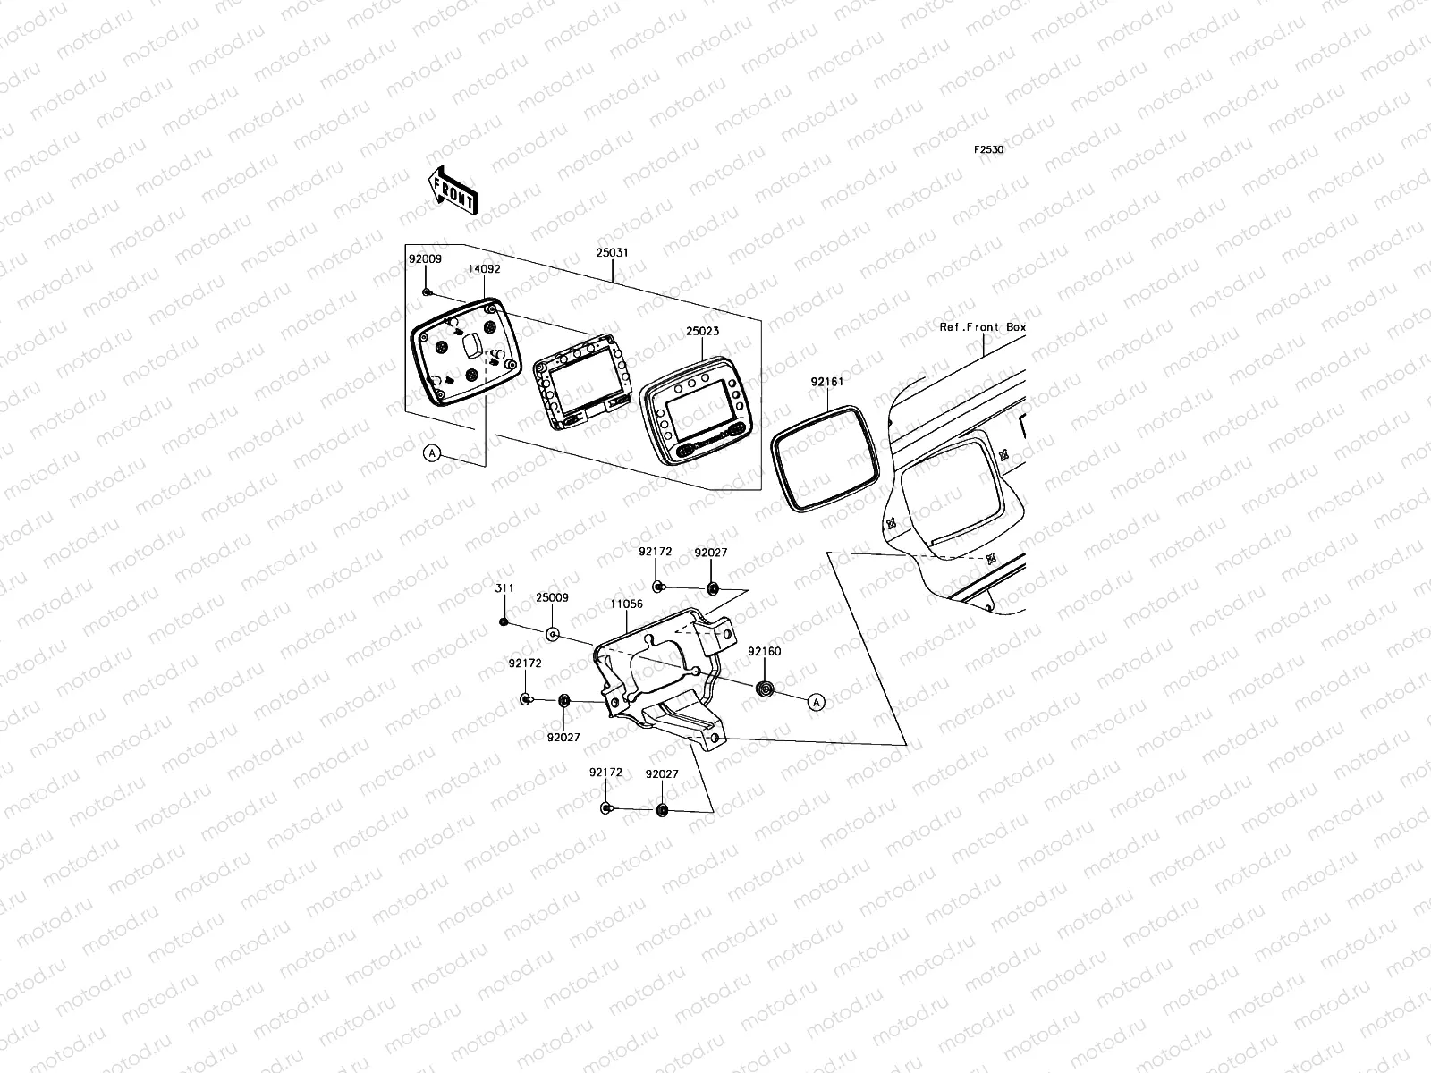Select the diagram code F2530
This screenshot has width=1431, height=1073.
click(x=988, y=150)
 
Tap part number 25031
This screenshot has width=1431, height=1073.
click(x=613, y=253)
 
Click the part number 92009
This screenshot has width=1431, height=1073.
click(x=425, y=258)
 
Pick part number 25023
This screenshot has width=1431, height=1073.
click(x=702, y=331)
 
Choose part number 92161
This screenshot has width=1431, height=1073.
click(x=827, y=382)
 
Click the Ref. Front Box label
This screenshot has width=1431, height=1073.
click(x=982, y=327)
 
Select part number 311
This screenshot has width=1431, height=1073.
click(x=505, y=588)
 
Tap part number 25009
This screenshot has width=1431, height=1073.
click(x=552, y=597)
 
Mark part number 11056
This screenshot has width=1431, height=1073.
click(x=626, y=604)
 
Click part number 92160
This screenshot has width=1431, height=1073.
click(x=765, y=652)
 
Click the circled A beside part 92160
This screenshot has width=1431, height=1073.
click(x=816, y=703)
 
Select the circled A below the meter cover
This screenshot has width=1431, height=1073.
click(x=433, y=453)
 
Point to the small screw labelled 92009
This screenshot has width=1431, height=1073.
click(x=428, y=291)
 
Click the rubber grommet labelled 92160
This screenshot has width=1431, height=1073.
click(x=765, y=689)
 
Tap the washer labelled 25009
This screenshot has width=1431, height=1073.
click(x=553, y=634)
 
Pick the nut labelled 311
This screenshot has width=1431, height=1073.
click(x=504, y=621)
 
